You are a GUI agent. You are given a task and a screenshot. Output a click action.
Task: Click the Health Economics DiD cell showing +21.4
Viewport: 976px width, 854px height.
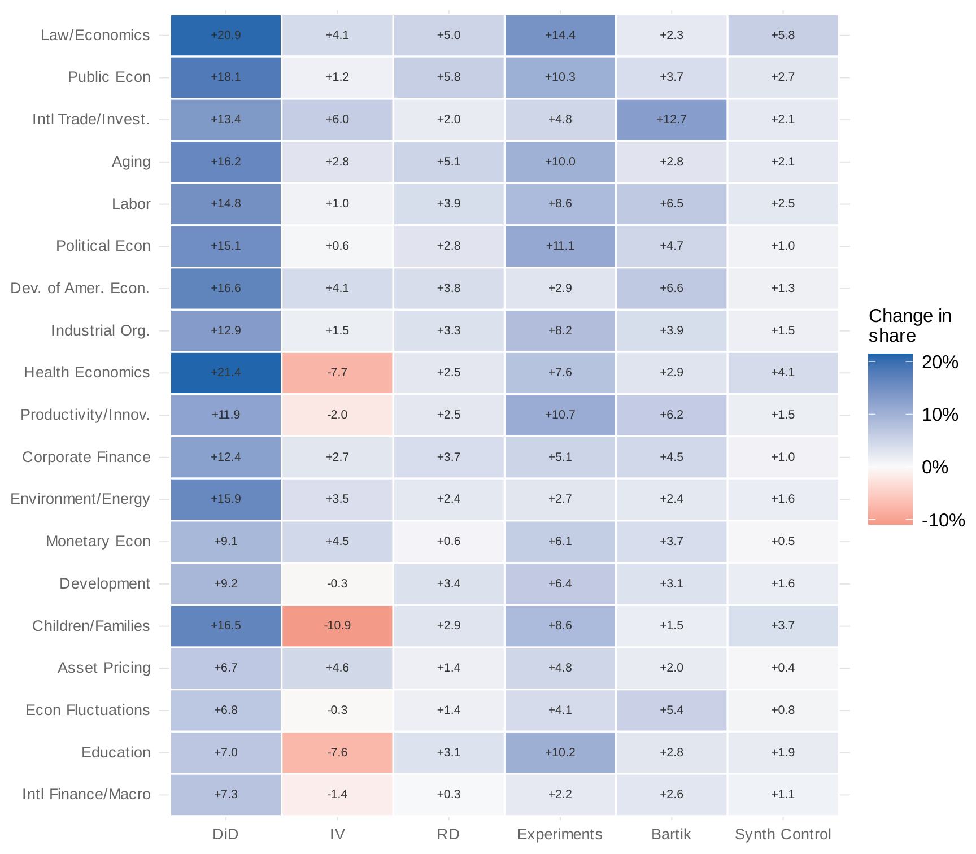tap(226, 373)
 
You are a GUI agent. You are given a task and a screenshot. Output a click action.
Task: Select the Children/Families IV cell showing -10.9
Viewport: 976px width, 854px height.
tap(337, 626)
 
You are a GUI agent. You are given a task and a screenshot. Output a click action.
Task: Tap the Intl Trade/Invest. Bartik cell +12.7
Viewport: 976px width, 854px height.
tap(672, 120)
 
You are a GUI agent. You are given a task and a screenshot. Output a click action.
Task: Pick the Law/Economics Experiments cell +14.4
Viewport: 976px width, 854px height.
tap(560, 36)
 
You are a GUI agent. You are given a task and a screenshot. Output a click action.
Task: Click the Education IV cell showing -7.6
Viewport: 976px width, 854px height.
tap(337, 752)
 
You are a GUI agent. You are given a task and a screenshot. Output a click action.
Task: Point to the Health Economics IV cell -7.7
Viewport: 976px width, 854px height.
tap(337, 373)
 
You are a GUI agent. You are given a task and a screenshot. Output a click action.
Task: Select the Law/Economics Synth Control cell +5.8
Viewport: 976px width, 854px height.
tap(783, 36)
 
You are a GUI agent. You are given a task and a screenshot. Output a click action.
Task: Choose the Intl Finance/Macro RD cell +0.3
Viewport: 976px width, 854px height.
tap(449, 795)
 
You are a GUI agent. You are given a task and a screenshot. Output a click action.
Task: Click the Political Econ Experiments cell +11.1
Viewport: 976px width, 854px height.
tap(560, 246)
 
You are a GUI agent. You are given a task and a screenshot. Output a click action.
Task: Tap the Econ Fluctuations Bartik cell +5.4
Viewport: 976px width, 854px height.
tap(672, 710)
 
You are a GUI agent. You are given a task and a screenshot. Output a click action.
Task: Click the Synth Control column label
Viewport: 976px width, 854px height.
tap(783, 834)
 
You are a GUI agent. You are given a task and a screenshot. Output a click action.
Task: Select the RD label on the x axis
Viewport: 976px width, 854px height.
tap(449, 834)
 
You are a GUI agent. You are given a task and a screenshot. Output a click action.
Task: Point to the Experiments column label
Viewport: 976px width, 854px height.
tap(560, 834)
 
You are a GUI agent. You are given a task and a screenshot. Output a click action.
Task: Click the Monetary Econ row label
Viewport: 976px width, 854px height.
tap(98, 541)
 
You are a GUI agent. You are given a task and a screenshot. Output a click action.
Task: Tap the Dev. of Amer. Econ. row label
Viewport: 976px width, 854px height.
tap(80, 288)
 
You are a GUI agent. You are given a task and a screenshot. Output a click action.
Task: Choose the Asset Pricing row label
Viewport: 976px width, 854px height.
tap(104, 668)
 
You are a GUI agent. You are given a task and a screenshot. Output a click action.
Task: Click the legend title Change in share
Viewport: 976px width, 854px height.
tap(909, 326)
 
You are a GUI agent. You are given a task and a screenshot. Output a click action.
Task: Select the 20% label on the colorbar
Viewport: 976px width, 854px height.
tap(940, 362)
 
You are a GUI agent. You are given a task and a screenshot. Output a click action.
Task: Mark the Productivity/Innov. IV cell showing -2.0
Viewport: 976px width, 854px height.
tap(337, 415)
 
